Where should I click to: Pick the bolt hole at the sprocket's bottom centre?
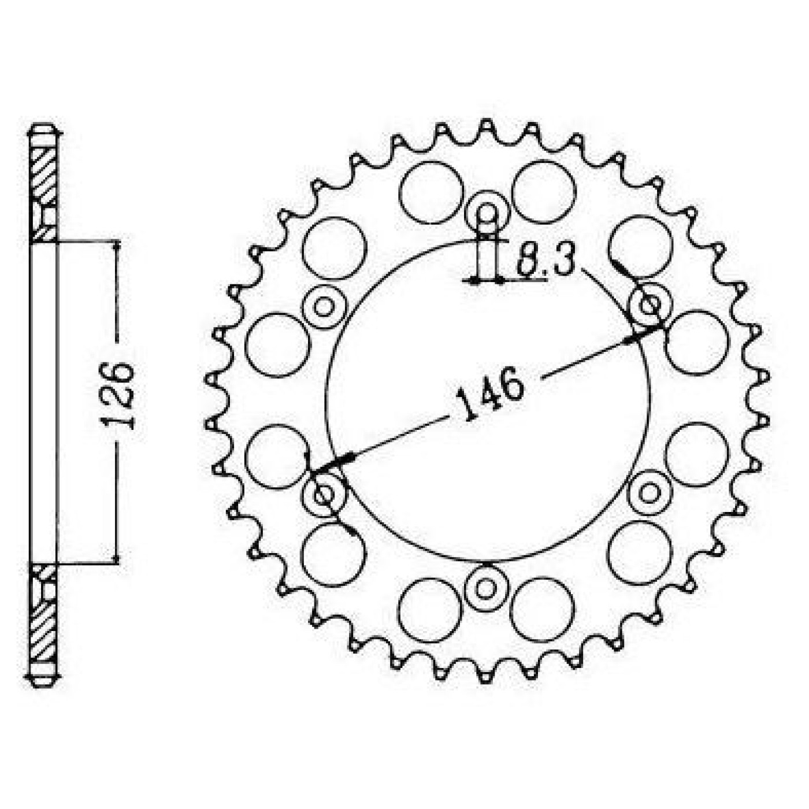pyautogui.click(x=486, y=588)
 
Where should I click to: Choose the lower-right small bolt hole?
pyautogui.click(x=650, y=493)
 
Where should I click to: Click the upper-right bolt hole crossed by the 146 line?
pyautogui.click(x=650, y=305)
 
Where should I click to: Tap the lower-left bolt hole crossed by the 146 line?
pyautogui.click(x=325, y=493)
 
